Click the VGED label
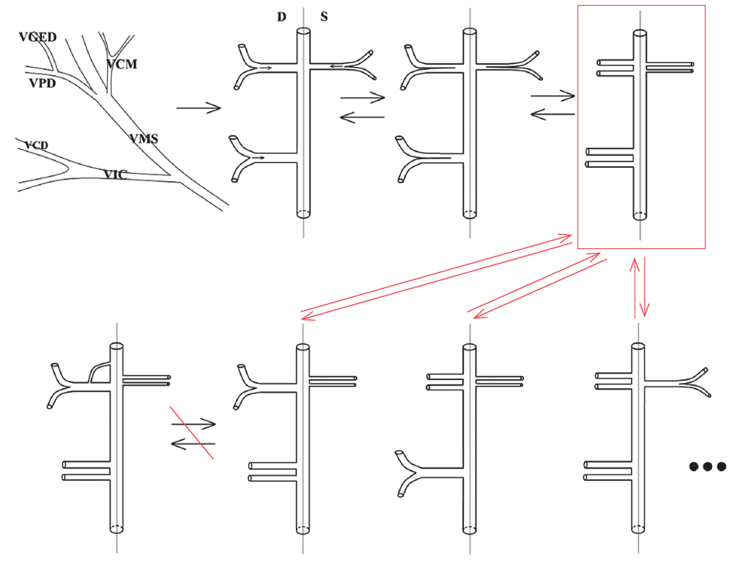(x=38, y=38)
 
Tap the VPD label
(x=42, y=83)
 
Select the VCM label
(x=121, y=64)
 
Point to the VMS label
(x=144, y=138)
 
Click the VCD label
(x=36, y=145)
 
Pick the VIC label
(x=115, y=175)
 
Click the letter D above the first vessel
(x=281, y=17)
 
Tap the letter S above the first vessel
(x=324, y=17)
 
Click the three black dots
(x=708, y=466)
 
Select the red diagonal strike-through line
(x=192, y=432)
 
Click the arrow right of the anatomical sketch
(x=199, y=108)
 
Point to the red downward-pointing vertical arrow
(x=646, y=287)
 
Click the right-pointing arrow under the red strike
(x=193, y=424)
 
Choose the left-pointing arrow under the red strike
(x=193, y=443)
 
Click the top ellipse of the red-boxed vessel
(x=641, y=34)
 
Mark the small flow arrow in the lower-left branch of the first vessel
(x=257, y=157)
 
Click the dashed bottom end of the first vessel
(x=303, y=214)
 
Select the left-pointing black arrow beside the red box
(x=552, y=114)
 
